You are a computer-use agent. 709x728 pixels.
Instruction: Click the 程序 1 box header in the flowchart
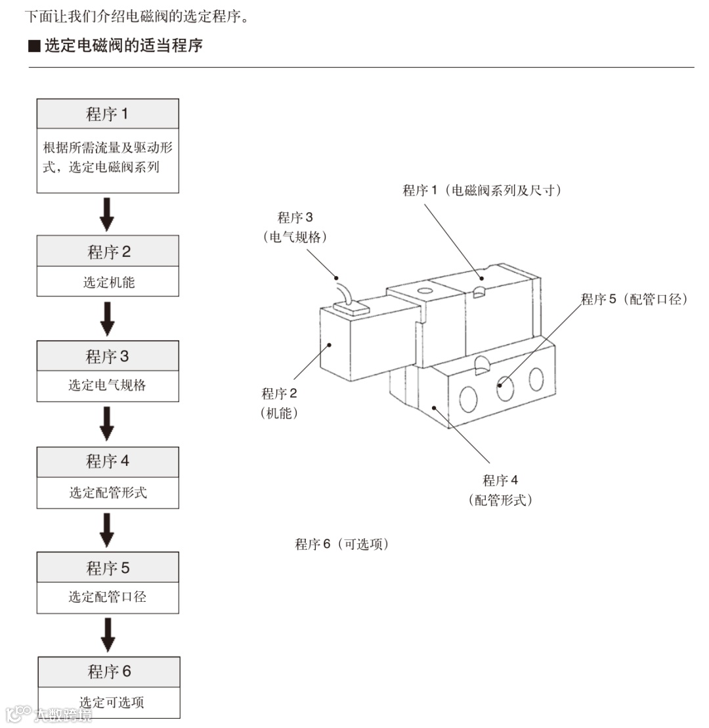108,114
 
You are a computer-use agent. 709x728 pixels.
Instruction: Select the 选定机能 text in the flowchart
108,282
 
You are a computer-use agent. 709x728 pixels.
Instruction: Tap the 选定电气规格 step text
108,385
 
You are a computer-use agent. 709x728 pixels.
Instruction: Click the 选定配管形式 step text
108,492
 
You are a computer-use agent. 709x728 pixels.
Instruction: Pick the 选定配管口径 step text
108,597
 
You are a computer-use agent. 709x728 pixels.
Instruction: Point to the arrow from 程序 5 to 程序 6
108,635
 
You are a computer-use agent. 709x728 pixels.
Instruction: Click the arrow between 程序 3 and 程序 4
108,424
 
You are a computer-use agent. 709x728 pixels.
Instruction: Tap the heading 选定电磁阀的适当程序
123,46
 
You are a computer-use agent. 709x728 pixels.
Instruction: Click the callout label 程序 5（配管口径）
634,299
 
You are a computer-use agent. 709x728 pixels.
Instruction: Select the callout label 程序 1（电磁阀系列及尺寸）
482,191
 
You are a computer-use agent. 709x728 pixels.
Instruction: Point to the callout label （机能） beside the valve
279,413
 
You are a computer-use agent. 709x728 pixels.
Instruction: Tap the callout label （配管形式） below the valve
500,500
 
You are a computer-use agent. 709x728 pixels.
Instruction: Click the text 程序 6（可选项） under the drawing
341,544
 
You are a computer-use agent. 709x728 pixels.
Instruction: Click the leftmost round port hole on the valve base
469,398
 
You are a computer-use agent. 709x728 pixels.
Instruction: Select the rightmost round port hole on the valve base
536,379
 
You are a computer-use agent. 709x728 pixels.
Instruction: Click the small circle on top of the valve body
424,290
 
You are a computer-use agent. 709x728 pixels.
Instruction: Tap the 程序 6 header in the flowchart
109,671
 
